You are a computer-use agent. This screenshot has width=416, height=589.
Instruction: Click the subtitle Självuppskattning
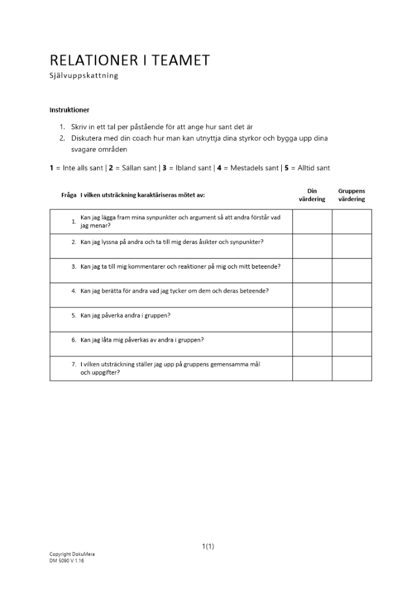tap(84, 75)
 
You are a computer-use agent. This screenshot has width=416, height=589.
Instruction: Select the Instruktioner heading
tap(69, 110)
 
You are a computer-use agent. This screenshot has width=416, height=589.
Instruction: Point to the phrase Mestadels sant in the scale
tap(254, 168)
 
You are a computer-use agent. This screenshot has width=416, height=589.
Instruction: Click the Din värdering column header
tap(312, 195)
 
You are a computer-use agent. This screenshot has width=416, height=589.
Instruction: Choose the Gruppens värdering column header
tap(351, 195)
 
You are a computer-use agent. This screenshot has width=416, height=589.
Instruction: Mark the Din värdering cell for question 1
tap(312, 221)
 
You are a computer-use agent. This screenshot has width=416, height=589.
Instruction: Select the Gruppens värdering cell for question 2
tap(352, 246)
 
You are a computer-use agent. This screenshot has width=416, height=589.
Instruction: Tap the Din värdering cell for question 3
tap(312, 271)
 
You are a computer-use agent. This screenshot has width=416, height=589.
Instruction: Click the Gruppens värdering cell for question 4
tap(352, 296)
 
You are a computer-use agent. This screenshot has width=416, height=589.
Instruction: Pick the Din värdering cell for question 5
tap(312, 320)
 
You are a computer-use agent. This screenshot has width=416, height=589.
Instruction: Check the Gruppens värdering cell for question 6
tap(352, 345)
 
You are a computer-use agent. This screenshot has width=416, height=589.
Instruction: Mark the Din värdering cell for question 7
tap(312, 369)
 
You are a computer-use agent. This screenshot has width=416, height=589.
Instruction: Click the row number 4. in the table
tap(74, 291)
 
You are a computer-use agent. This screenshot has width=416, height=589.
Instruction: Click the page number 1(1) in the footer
tap(208, 546)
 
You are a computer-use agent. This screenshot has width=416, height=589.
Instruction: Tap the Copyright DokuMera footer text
tap(72, 554)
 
